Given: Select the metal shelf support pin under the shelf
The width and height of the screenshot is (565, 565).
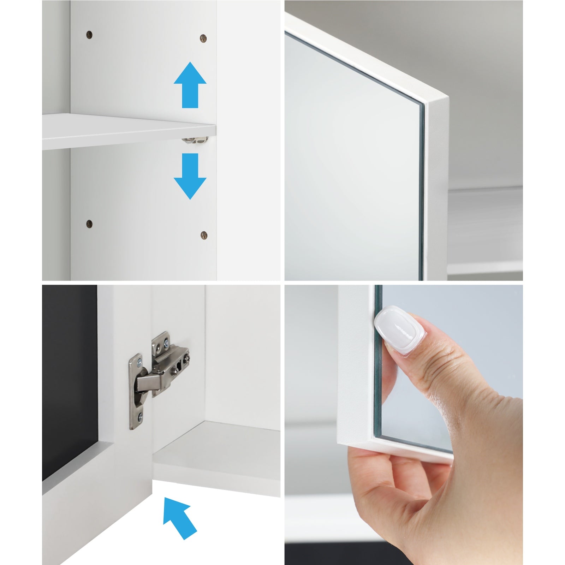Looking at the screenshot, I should (x=194, y=141).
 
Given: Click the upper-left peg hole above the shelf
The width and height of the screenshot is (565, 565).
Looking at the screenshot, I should (x=89, y=35).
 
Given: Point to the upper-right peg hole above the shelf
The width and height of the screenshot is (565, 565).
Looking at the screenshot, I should (x=203, y=38).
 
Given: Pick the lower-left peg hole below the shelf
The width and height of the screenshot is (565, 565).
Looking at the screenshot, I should (x=89, y=224).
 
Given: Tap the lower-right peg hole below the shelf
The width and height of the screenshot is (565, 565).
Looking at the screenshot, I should (x=204, y=235).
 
